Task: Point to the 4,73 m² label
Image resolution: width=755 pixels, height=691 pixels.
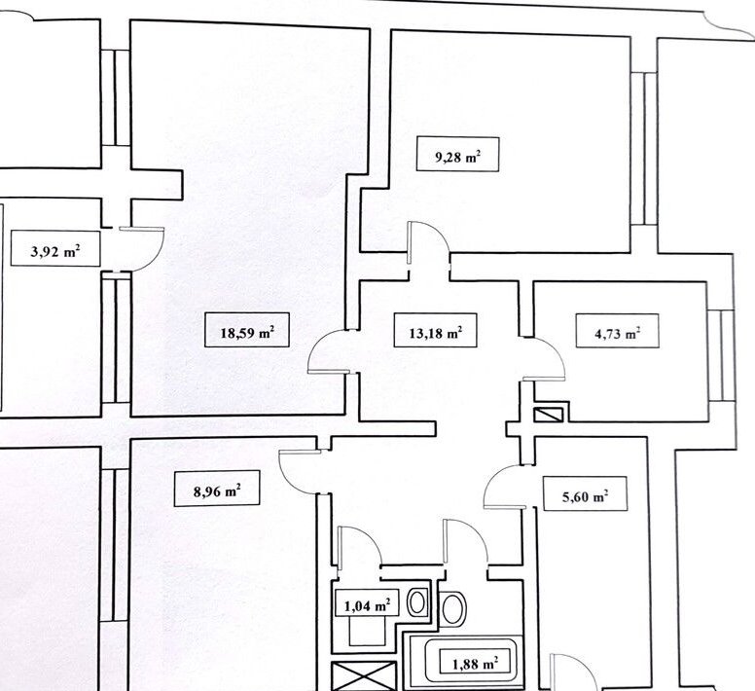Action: (610, 333)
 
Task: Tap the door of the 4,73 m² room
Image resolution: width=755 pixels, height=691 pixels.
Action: (543, 358)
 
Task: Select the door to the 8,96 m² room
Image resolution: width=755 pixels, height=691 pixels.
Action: (298, 469)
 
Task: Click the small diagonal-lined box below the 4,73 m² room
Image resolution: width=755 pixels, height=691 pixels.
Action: (549, 414)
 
